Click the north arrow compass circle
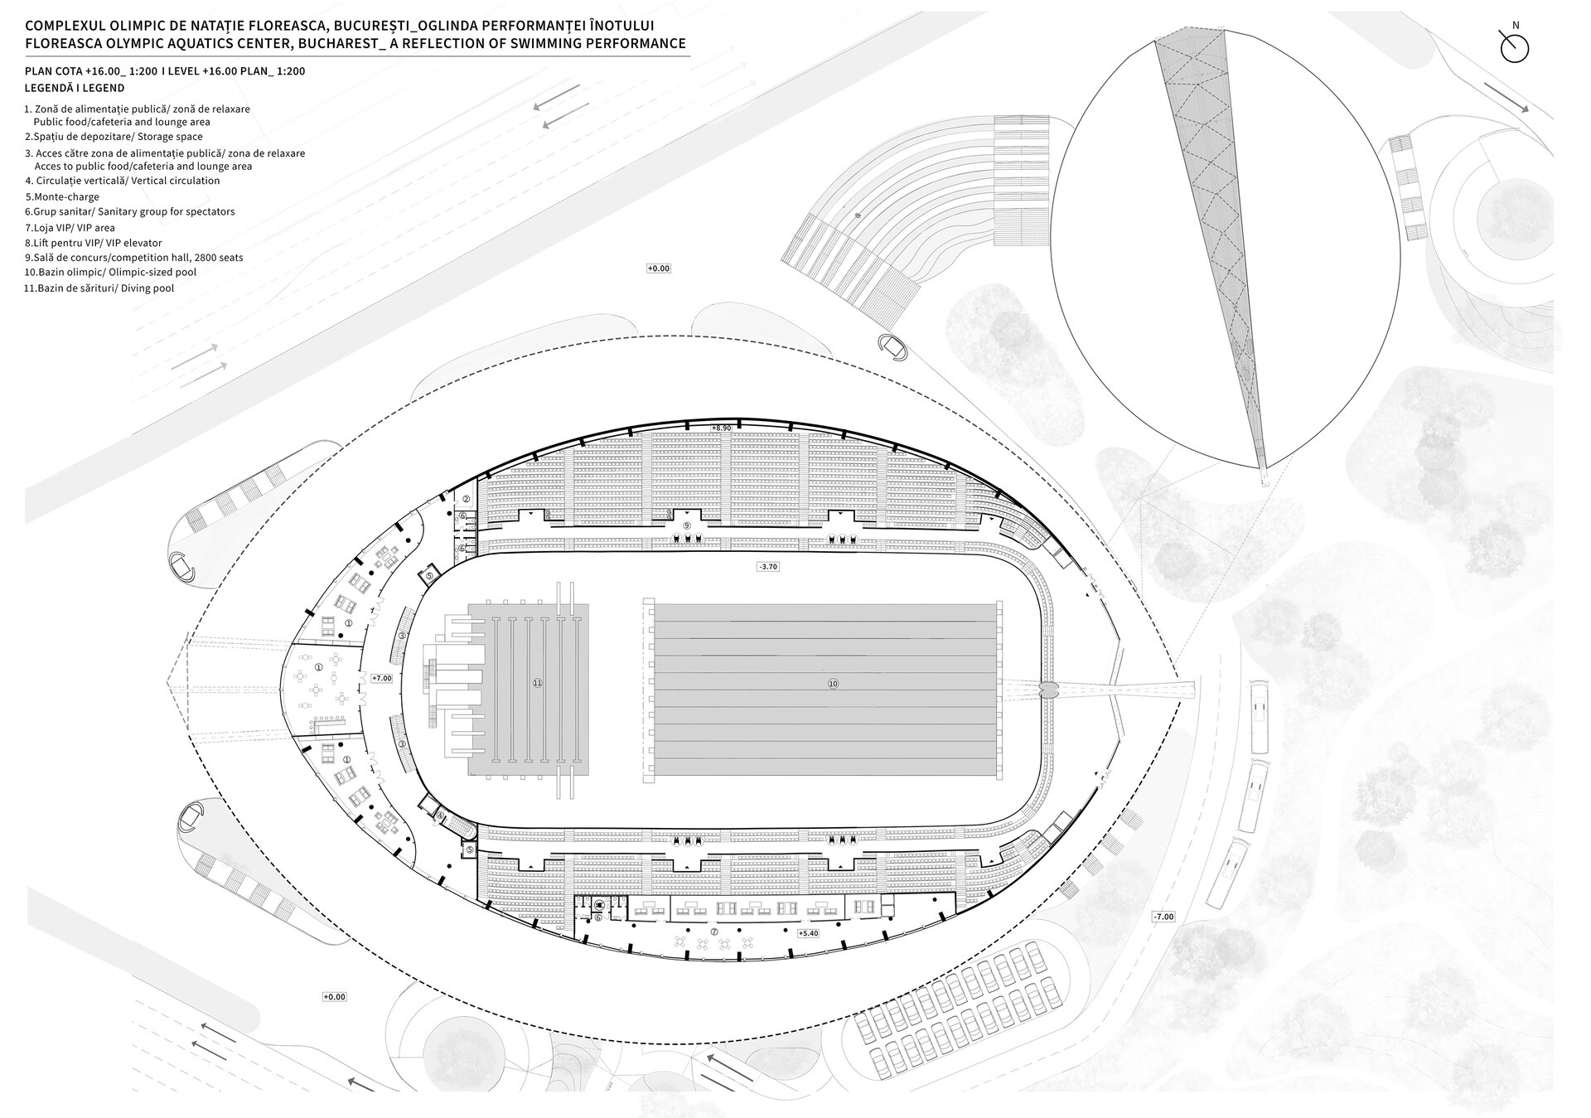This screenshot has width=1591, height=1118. [1515, 48]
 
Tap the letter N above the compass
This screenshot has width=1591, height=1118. [1516, 26]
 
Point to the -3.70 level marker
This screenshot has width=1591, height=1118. [767, 567]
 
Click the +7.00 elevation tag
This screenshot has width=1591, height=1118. [382, 678]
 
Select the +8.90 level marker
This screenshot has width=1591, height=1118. [721, 428]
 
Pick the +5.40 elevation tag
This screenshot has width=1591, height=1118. [807, 933]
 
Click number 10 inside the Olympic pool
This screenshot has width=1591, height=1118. [833, 684]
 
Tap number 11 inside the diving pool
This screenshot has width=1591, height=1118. [537, 683]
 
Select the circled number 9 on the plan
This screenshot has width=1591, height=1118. [686, 525]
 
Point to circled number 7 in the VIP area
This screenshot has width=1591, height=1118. [714, 932]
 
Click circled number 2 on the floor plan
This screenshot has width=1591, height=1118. [466, 499]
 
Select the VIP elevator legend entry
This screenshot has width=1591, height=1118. [94, 243]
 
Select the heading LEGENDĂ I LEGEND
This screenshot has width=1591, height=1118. [75, 88]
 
